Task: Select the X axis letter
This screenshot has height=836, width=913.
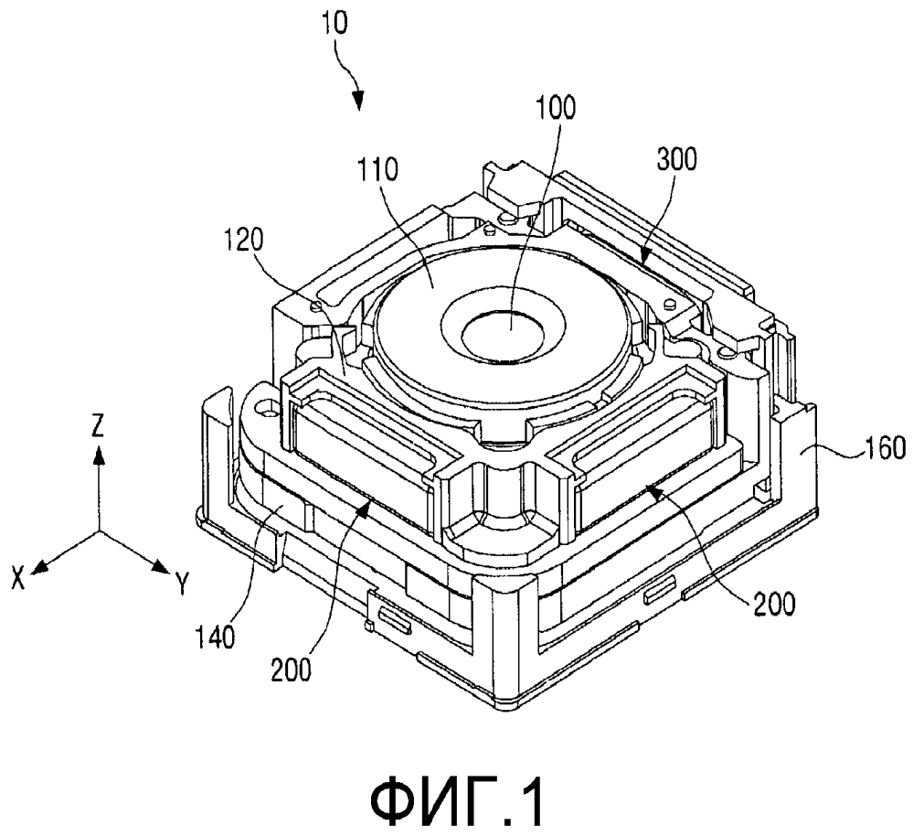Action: (x=19, y=578)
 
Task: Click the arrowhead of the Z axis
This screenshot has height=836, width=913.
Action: (x=100, y=455)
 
